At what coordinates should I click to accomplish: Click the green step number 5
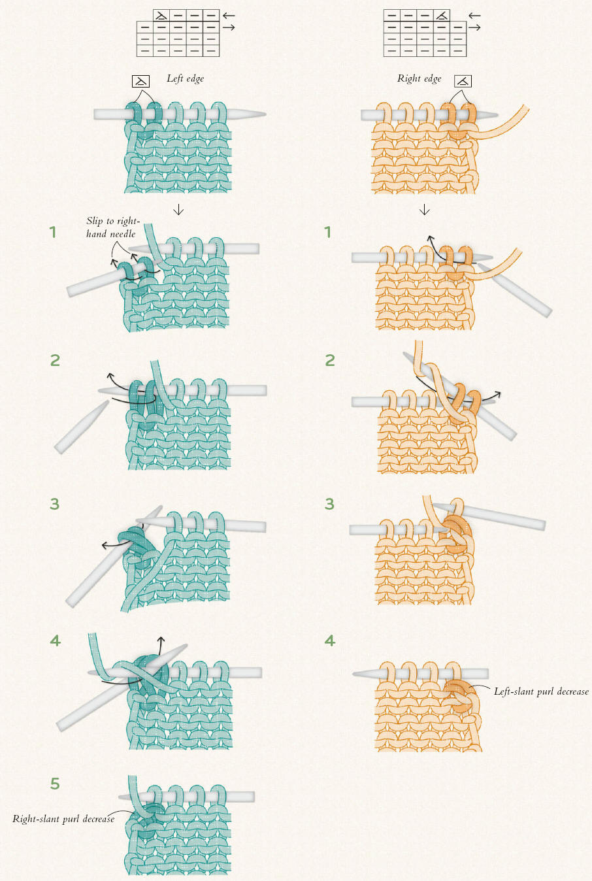coord(55,784)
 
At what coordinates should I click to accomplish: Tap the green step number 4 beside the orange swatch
coord(330,640)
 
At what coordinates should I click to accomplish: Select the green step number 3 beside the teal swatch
coord(55,504)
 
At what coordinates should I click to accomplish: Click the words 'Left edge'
coord(185,78)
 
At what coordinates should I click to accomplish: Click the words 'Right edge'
coord(419,78)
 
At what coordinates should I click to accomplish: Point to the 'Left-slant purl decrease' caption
coord(541,691)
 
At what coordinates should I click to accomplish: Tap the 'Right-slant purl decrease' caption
coord(63,819)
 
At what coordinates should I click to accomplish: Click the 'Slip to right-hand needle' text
coord(113,227)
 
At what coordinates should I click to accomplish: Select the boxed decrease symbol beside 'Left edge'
coord(140,82)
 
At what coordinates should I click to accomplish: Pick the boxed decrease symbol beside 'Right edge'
coord(463,82)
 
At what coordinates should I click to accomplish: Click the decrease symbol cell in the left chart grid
coord(161,16)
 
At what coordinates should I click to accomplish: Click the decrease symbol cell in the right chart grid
coord(442,16)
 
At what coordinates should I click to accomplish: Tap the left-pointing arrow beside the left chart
coord(229,16)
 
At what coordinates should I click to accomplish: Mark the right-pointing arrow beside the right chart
coord(474,27)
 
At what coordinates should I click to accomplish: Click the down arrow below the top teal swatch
coord(178,209)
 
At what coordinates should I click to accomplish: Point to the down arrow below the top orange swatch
coord(425,209)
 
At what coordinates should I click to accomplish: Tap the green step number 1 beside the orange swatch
coord(327,233)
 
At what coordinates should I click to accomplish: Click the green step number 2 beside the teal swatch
coord(55,360)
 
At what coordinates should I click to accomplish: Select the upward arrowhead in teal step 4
coord(160,639)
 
